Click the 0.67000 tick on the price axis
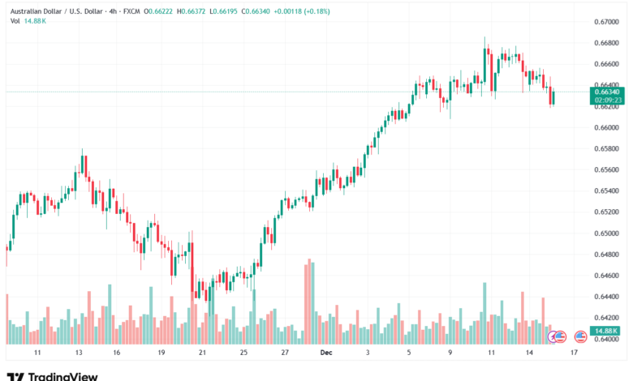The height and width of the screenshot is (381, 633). point(606,21)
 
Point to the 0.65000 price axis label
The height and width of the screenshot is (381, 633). point(606,233)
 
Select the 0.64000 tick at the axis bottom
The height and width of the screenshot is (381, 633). point(606,340)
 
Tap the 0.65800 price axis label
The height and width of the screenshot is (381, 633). point(606,148)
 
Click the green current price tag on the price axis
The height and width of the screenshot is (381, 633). point(606,92)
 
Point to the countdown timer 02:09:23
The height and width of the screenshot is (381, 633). point(606,101)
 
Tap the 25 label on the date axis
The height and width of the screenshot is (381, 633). point(243,353)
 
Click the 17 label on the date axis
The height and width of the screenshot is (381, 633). point(574,353)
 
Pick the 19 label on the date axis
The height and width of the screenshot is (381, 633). point(161,353)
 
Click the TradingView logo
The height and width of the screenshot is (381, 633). point(52,375)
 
